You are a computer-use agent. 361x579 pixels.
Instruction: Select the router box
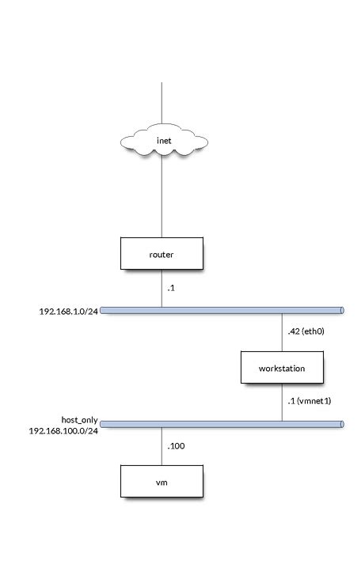tap(161, 255)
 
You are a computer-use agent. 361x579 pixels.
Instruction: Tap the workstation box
tap(283, 368)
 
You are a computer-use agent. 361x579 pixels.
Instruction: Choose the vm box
tap(161, 482)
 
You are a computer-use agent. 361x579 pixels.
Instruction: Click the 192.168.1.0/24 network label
tap(66, 311)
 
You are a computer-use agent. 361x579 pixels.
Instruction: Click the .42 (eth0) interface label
tap(308, 333)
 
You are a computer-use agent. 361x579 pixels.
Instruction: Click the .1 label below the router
tap(171, 289)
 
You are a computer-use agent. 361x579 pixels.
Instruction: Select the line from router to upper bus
tap(162, 289)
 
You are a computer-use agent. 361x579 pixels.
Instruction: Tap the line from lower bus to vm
tap(162, 447)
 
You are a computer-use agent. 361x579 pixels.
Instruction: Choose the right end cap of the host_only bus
tap(341, 425)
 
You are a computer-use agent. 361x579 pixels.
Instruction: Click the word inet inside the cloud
tap(163, 142)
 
